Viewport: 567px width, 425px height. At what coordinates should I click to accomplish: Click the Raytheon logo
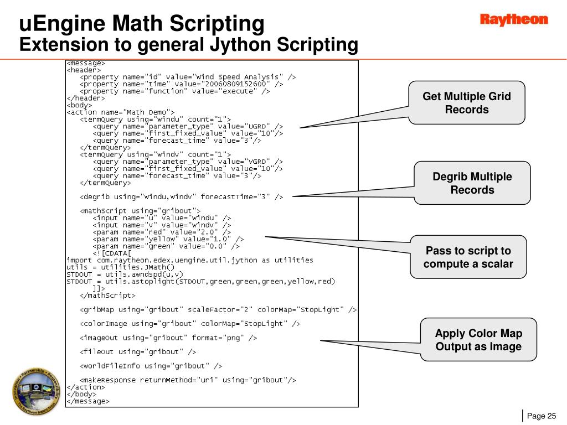513,20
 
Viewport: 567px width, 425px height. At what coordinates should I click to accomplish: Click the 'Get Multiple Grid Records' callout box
467,103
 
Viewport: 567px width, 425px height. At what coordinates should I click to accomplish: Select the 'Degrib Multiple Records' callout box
472,183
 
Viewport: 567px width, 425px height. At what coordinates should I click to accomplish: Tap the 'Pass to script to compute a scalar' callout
468,257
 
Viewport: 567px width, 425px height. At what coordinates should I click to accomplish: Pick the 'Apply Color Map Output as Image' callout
478,340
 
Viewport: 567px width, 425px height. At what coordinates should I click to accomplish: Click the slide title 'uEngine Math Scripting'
142,23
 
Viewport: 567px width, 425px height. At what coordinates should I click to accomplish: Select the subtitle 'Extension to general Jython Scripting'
189,44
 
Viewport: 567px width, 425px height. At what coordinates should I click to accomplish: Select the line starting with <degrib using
182,196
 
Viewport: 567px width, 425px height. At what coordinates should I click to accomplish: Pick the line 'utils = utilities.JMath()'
120,267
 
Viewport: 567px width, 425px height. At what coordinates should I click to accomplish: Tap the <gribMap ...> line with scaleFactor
218,309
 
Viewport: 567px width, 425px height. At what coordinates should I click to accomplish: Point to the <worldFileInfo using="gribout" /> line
151,366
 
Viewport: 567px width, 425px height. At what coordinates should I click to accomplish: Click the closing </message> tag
88,401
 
